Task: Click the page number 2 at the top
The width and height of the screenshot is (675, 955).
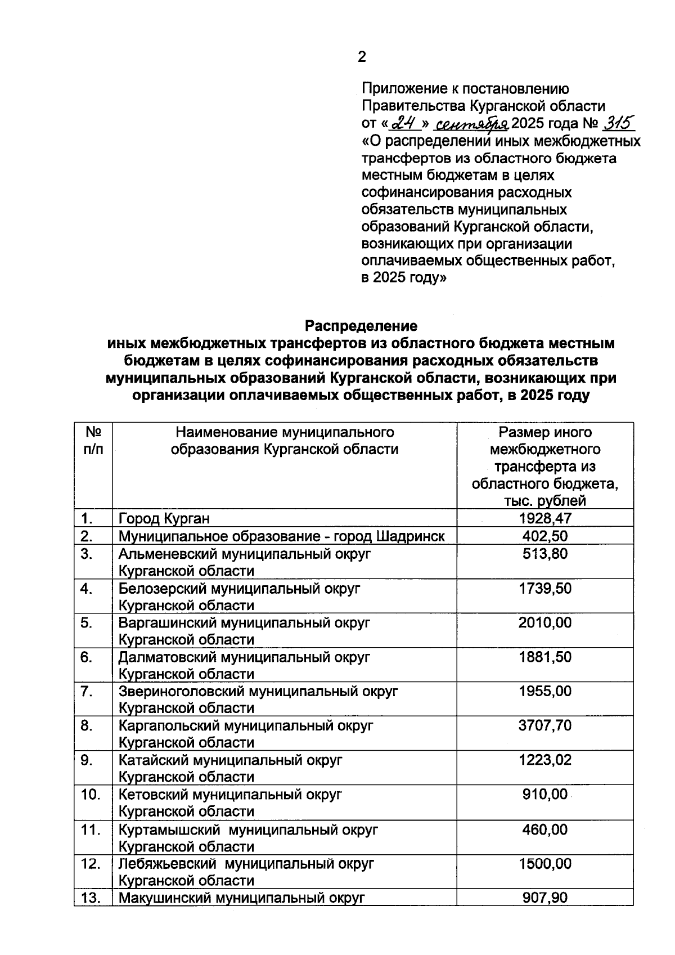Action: pyautogui.click(x=362, y=57)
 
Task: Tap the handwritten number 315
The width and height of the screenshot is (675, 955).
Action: pyautogui.click(x=618, y=122)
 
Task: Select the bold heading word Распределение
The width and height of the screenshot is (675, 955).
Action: pyautogui.click(x=361, y=326)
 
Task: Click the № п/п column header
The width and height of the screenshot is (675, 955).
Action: pyautogui.click(x=93, y=441)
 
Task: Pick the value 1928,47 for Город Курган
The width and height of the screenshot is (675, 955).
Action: pyautogui.click(x=545, y=518)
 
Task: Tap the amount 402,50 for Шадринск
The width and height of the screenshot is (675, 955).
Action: pyautogui.click(x=545, y=536)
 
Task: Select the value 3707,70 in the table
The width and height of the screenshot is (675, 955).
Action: pyautogui.click(x=545, y=725)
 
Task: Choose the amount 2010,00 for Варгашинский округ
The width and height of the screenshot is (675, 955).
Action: pyautogui.click(x=545, y=622)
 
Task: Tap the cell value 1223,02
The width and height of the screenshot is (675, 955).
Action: pyautogui.click(x=545, y=760)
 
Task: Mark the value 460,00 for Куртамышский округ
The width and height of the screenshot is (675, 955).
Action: pyautogui.click(x=545, y=830)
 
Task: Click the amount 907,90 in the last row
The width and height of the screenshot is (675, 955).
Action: pyautogui.click(x=545, y=898)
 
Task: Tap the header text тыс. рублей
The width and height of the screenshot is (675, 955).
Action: pyautogui.click(x=545, y=501)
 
